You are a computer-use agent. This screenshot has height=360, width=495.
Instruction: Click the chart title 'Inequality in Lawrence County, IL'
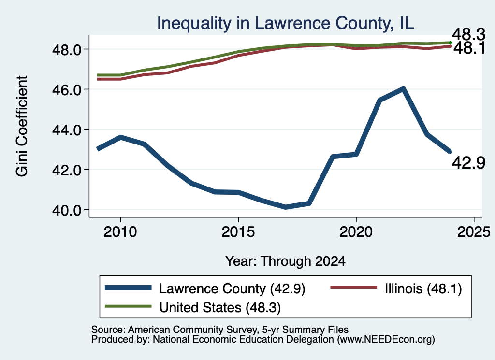click(285, 24)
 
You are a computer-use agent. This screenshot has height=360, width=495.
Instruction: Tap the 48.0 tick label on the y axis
click(67, 50)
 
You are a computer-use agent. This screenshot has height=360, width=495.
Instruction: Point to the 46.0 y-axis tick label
click(67, 90)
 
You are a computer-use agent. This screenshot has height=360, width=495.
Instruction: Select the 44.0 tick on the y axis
click(67, 130)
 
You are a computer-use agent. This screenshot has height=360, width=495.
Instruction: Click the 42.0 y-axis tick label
click(67, 170)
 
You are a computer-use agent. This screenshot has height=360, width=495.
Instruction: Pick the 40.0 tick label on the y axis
click(67, 210)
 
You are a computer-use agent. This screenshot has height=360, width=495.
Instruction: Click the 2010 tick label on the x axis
click(120, 232)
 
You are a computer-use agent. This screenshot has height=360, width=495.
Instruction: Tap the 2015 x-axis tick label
click(238, 232)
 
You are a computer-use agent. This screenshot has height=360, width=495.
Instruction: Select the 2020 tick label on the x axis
click(356, 232)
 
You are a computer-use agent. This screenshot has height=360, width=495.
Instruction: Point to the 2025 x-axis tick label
click(474, 232)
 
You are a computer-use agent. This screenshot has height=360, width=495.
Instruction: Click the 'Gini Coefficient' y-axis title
click(22, 126)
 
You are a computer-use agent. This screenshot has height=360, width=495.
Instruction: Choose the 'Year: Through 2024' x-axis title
click(285, 261)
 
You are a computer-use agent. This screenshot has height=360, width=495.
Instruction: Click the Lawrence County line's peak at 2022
click(403, 89)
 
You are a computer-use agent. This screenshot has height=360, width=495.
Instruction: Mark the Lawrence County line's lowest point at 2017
click(285, 207)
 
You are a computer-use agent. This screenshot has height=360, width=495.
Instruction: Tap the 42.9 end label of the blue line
click(468, 163)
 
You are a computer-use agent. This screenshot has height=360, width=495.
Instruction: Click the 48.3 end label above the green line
click(468, 34)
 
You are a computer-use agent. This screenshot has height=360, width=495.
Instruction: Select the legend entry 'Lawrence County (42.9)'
click(205, 288)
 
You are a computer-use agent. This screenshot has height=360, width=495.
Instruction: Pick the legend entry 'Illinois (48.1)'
click(396, 288)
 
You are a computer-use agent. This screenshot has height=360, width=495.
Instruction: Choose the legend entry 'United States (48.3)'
click(193, 307)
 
